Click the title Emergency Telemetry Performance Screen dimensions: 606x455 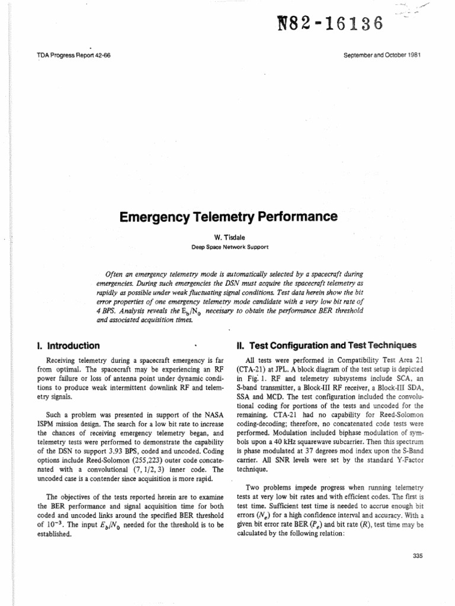coord(228,217)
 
